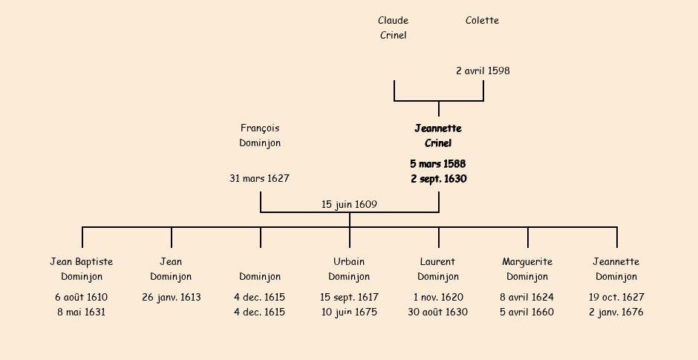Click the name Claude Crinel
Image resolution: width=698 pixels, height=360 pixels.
[393, 27]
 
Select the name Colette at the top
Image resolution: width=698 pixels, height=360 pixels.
[482, 21]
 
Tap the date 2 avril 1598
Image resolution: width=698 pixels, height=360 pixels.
[483, 71]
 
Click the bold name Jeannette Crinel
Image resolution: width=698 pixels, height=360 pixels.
[438, 136]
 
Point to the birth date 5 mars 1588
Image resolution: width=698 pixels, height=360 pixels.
[438, 164]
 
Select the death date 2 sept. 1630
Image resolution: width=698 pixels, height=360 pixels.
[438, 179]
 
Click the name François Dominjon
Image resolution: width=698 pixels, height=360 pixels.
[260, 136]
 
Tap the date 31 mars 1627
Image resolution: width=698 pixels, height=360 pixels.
[259, 179]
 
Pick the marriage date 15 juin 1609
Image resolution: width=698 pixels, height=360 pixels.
[349, 205]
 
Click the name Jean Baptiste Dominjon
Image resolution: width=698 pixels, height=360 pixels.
[82, 269]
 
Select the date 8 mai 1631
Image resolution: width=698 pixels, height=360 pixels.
[82, 312]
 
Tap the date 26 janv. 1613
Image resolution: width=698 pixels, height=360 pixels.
[172, 298]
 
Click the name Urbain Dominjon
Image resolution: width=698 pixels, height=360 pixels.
[349, 269]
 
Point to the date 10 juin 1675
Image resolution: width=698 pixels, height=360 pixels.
[349, 312]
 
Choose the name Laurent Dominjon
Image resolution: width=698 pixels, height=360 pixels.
[437, 269]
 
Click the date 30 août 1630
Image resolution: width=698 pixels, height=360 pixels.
[437, 312]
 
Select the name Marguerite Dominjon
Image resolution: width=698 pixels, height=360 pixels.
[527, 269]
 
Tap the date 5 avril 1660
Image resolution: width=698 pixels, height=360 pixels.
[526, 312]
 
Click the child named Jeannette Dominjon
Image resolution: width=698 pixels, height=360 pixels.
[616, 269]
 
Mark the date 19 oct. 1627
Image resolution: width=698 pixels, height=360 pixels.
[616, 298]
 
